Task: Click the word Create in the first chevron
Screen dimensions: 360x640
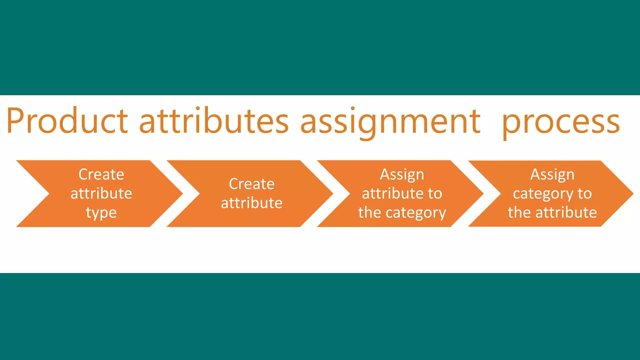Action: (101, 174)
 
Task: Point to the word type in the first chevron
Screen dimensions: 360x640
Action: (101, 213)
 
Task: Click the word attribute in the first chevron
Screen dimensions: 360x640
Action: (101, 193)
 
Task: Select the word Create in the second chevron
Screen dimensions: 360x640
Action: (252, 184)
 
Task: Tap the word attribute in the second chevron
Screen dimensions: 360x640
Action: (252, 203)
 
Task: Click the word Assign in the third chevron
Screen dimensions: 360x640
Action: (402, 174)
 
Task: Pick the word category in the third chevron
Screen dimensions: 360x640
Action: (416, 213)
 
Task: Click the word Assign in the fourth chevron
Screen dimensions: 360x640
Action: (552, 174)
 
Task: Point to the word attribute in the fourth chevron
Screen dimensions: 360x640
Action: (566, 213)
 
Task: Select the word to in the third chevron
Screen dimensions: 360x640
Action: (435, 194)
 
